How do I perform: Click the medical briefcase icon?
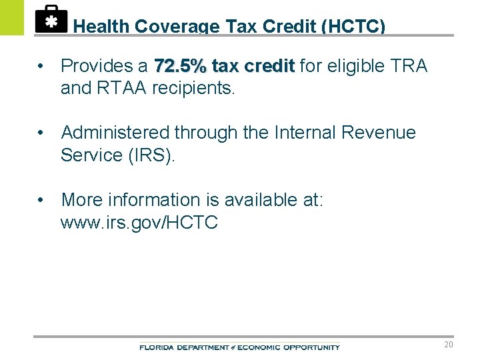click(51, 19)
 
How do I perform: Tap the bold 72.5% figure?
click(180, 66)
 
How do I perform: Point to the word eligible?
click(345, 66)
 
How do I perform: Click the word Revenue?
click(378, 133)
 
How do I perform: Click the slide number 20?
click(449, 345)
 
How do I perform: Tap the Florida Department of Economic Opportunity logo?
click(239, 347)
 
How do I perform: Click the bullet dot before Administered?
click(42, 133)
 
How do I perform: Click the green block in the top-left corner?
click(11, 17)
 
